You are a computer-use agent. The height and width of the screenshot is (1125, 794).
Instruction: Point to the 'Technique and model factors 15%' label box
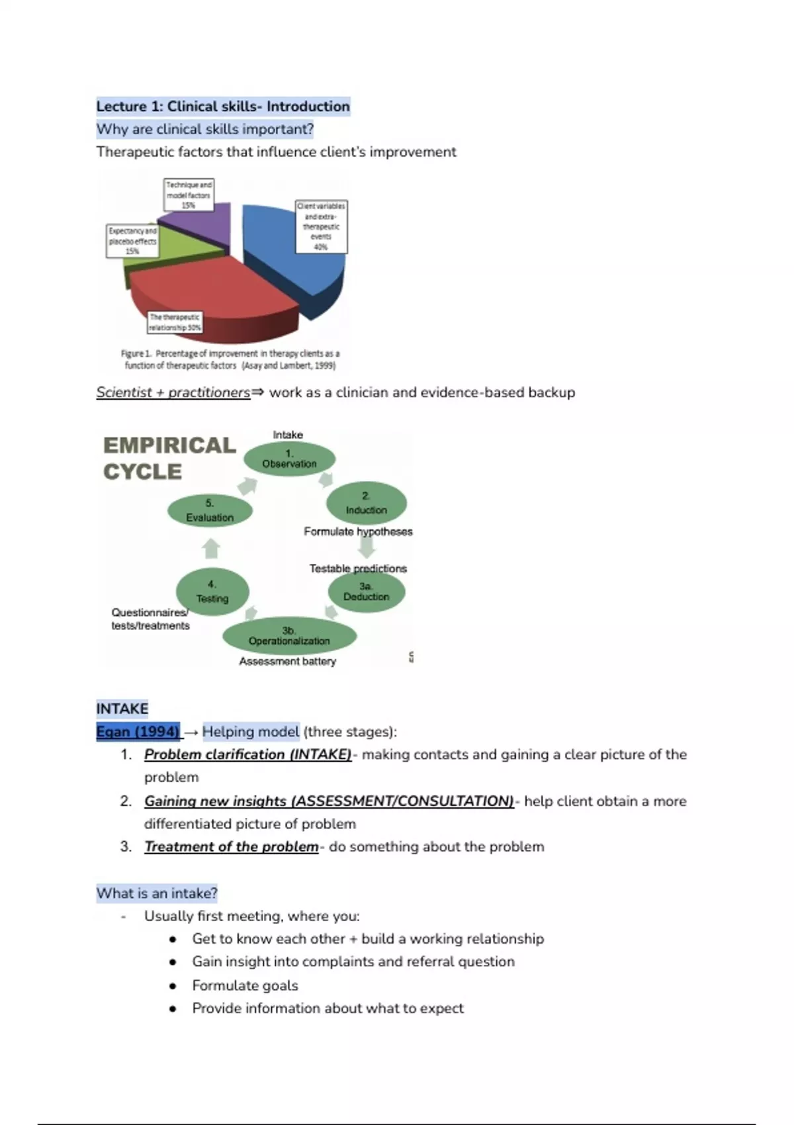189,195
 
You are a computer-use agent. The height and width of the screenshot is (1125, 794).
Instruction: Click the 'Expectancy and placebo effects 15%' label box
132,241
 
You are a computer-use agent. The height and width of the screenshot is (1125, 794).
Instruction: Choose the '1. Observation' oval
289,458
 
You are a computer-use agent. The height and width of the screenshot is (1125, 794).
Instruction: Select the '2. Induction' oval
366,504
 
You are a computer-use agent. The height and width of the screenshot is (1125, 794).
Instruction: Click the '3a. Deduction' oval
366,592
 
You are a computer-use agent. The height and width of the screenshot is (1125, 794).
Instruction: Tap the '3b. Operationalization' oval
289,636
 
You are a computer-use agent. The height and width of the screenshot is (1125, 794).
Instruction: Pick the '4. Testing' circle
212,592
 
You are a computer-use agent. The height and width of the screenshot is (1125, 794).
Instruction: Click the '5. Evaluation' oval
210,511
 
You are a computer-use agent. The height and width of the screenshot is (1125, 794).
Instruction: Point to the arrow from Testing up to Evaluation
210,549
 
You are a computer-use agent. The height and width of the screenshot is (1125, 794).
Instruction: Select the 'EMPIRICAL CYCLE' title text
169,458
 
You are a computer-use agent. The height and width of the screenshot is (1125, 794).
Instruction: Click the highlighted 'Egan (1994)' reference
138,732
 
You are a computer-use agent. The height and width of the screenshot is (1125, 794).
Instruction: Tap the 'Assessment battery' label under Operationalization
287,661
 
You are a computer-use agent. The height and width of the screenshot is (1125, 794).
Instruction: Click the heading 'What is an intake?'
157,893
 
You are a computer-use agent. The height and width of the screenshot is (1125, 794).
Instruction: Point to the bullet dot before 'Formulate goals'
173,985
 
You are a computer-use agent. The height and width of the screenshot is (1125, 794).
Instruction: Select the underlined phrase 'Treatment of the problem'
231,847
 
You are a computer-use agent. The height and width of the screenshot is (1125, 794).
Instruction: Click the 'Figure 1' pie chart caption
230,359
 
